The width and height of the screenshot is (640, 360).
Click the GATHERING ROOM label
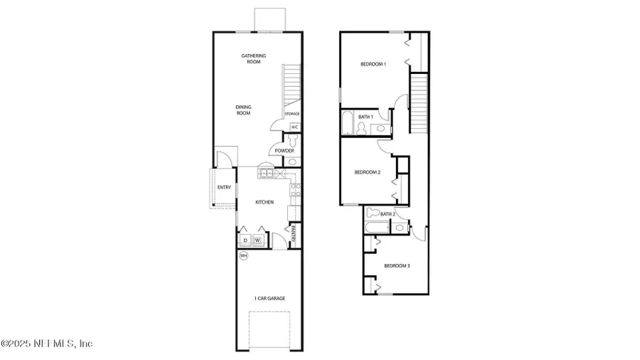[251, 59]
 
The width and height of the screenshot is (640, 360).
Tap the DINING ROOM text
[244, 110]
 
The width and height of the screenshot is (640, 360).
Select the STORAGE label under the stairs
[292, 114]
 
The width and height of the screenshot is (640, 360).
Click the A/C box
[294, 128]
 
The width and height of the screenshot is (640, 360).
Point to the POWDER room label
[284, 151]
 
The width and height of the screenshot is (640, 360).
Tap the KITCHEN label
[265, 203]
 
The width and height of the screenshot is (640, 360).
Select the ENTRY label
[224, 188]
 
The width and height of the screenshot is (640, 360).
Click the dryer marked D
[244, 240]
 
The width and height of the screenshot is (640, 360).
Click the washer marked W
[259, 240]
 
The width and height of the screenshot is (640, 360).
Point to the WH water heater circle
[243, 255]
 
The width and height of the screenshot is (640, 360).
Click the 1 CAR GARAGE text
[270, 298]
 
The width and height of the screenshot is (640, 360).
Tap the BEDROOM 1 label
[373, 65]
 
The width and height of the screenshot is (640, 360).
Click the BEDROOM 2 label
[368, 172]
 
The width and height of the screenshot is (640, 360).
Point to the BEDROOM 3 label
[397, 266]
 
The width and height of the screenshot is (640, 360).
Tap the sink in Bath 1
[380, 129]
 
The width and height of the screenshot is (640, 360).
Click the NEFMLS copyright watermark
[47, 344]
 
